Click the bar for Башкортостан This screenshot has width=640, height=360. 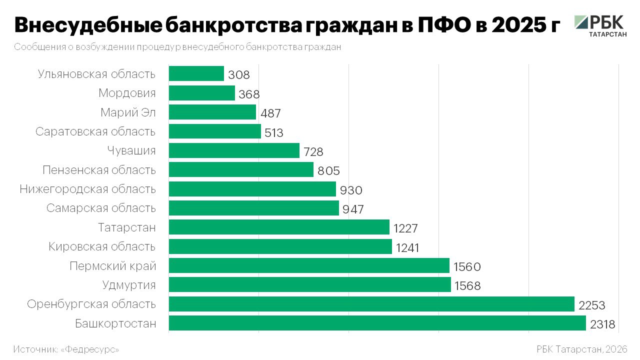point(377,323)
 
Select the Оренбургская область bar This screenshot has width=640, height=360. point(371,304)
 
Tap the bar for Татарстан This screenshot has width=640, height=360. point(279,227)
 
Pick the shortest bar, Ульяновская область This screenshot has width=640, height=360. point(196,73)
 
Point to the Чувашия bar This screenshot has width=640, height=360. point(234,150)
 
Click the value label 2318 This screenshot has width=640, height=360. point(602,324)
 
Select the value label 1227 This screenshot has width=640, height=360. point(405,228)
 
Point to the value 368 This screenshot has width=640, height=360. point(249,94)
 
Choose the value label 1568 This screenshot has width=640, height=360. point(467,286)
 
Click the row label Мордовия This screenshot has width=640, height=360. point(127,93)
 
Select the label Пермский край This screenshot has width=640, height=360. point(113,266)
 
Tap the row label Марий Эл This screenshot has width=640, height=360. point(128,112)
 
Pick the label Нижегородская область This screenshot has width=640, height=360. point(88,189)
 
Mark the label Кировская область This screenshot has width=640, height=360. point(102,246)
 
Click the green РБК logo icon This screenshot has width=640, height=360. point(581,22)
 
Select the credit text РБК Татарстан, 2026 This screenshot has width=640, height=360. point(581,349)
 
